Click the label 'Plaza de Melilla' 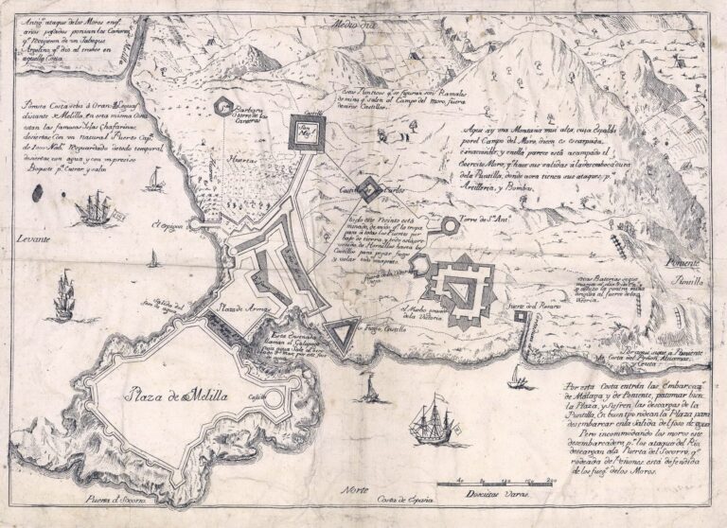178,396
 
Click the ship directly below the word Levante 63,292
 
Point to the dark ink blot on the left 40,193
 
